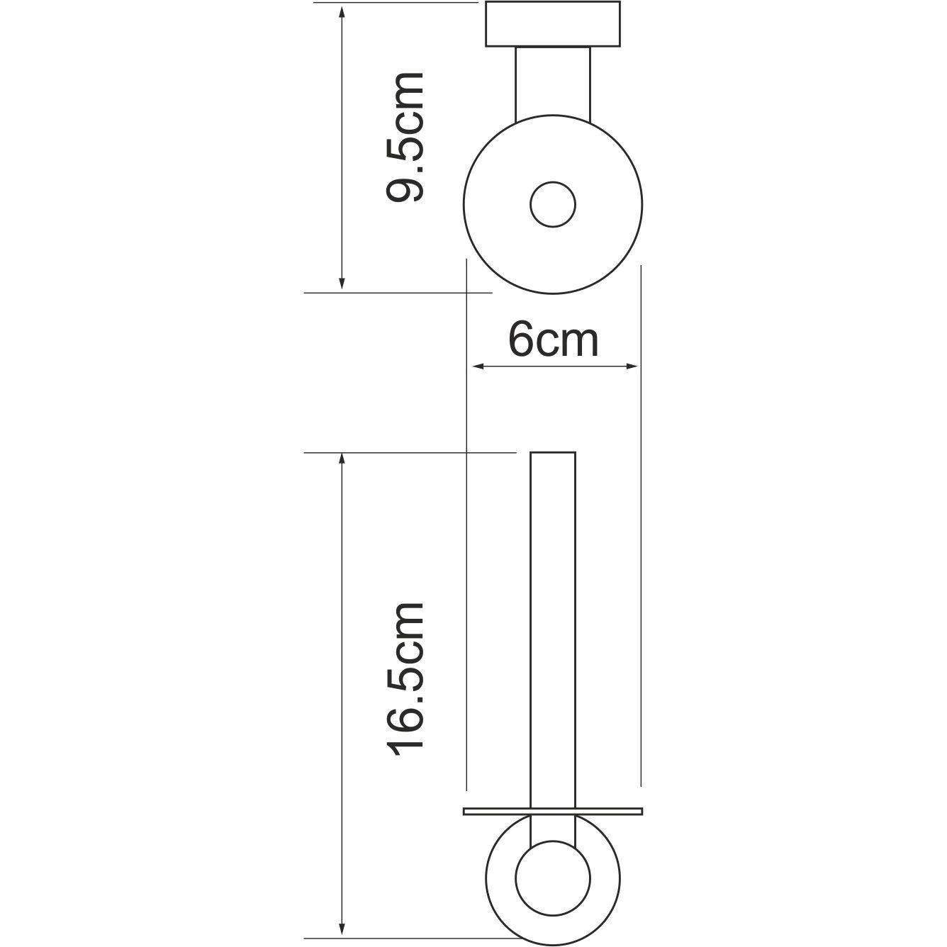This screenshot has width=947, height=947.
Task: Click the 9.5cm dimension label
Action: click(x=405, y=137)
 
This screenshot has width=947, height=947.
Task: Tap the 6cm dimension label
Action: click(x=554, y=340)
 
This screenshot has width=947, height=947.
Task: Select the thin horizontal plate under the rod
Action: click(x=553, y=812)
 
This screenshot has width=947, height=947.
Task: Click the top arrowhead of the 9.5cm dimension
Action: click(x=342, y=12)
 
